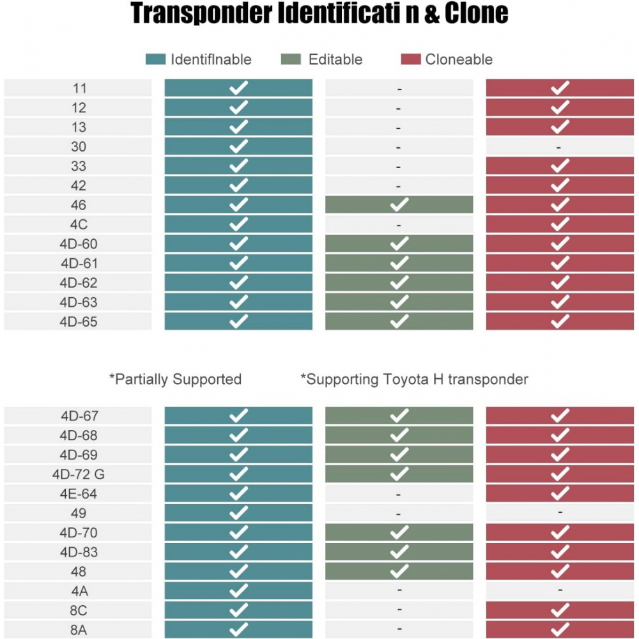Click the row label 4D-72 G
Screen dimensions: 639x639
[x=78, y=474]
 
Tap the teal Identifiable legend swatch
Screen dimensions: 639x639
[x=155, y=59]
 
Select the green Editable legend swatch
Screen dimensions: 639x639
[x=291, y=59]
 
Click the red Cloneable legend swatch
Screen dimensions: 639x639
[x=411, y=59]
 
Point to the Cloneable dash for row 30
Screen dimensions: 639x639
[x=559, y=147]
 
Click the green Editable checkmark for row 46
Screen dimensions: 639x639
[x=399, y=204]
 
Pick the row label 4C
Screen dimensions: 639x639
[x=78, y=225]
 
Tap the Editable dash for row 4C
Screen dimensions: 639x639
[x=399, y=225]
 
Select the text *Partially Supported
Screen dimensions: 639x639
[x=175, y=380]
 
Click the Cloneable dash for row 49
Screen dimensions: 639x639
[x=560, y=512]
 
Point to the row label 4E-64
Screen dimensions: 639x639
[x=78, y=493]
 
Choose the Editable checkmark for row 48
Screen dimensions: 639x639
[x=399, y=571]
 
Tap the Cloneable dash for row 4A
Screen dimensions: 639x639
[x=560, y=590]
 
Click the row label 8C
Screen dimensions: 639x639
[x=78, y=610]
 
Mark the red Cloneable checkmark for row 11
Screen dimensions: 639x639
[x=560, y=88]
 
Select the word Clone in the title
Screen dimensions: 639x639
[x=474, y=14]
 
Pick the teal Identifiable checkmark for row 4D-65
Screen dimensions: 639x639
[x=238, y=321]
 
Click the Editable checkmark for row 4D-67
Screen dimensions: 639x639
[x=399, y=416]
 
